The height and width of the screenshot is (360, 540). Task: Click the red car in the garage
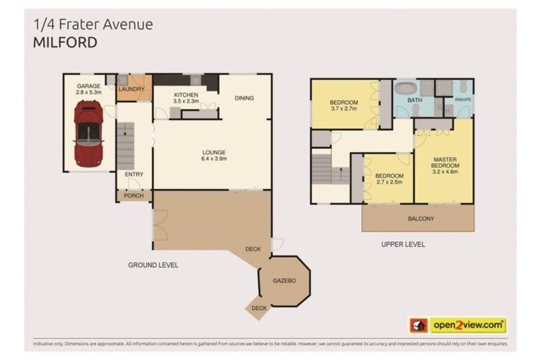[x=89, y=133]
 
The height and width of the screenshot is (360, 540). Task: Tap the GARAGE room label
[x=89, y=86]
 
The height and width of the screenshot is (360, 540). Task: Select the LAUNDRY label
[x=131, y=89]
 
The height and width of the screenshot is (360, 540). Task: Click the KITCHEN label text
[x=186, y=95]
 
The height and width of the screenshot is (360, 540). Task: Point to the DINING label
[x=244, y=98]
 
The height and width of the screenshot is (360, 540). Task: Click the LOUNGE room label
[x=214, y=152]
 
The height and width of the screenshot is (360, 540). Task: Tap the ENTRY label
[x=134, y=174]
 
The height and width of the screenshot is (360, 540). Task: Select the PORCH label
[x=134, y=195]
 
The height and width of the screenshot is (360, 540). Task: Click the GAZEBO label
[x=285, y=281]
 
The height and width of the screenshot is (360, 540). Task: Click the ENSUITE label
[x=463, y=99]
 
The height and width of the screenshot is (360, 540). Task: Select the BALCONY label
[x=421, y=219]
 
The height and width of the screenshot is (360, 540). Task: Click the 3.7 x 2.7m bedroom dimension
[x=344, y=109]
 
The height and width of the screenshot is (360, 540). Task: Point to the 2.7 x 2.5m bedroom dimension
[x=388, y=183]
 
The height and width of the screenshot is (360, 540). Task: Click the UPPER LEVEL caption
[x=403, y=245]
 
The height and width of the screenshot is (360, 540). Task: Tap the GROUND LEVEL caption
[x=153, y=265]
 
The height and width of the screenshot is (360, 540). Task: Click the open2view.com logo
[x=457, y=325]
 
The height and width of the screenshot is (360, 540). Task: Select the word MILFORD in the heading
[x=65, y=42]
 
